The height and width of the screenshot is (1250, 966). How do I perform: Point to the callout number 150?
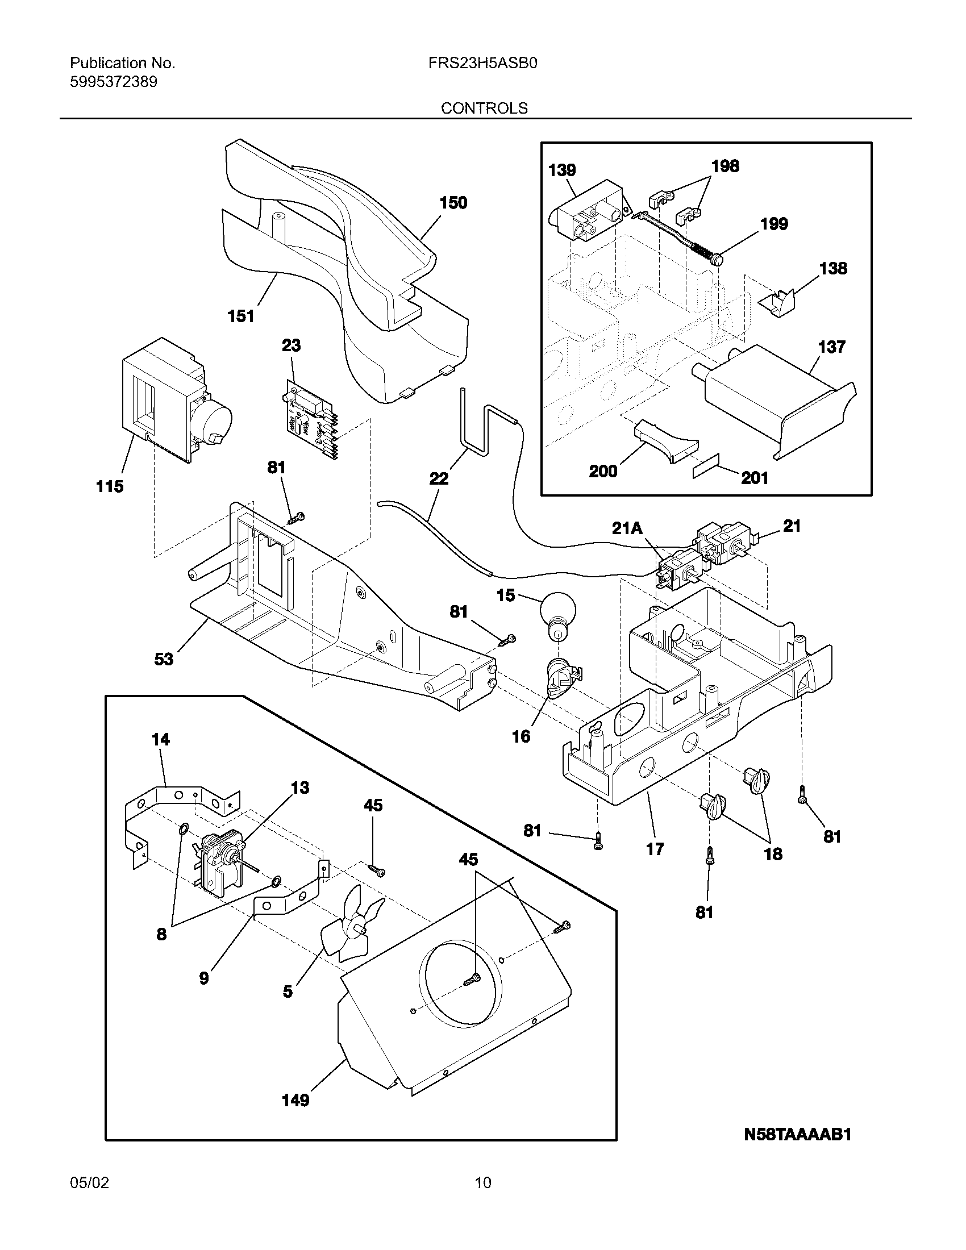[453, 203]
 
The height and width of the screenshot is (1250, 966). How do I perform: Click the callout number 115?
[110, 486]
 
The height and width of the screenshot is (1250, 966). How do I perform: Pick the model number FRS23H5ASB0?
[482, 63]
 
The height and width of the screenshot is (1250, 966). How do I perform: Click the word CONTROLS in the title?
[484, 108]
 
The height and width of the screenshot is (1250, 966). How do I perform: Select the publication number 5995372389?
[113, 82]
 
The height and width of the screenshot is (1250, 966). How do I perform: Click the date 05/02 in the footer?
[89, 1182]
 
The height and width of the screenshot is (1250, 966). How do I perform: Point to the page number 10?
[483, 1182]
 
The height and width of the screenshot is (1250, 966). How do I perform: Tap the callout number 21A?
[627, 528]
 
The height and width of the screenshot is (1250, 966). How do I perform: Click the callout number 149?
[295, 1100]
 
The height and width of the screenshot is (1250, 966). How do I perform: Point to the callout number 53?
[164, 659]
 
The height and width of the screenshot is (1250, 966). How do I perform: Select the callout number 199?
[774, 224]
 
